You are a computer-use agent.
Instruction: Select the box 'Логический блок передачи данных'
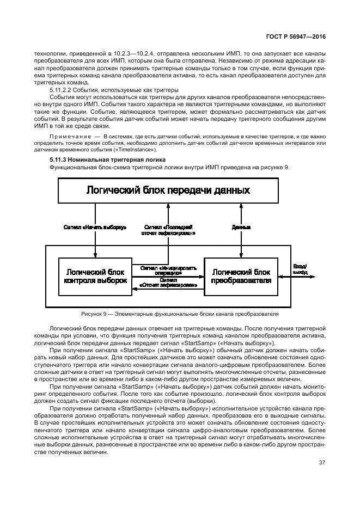coord(168,190)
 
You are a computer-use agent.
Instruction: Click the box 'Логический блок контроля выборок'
coord(95,277)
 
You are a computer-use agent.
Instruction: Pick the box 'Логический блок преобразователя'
coord(241,277)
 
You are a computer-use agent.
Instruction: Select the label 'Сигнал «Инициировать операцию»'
coord(168,270)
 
